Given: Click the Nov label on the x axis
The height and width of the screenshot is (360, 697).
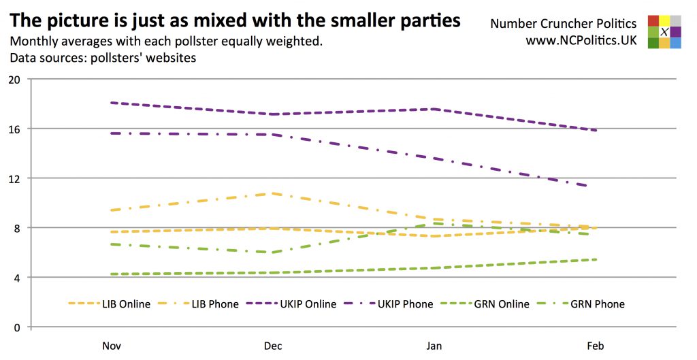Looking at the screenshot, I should coord(112,346).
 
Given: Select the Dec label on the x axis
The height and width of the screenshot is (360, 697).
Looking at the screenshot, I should coord(273,346).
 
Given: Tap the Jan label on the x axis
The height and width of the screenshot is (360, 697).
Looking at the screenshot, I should coord(434,346).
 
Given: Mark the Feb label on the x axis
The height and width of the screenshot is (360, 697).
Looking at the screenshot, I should coord(596,346).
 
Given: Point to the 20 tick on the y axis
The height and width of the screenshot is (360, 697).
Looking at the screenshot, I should coord(14,79).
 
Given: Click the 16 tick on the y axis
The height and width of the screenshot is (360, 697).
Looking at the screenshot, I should coord(14,129).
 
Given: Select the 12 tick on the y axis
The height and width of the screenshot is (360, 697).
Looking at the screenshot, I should coord(14,178).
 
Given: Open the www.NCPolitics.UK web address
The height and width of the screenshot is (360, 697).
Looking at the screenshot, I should coord(581,41).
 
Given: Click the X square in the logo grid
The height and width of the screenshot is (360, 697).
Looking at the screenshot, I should coord(664,32).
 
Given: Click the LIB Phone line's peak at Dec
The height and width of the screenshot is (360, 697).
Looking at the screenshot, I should coord(273,193).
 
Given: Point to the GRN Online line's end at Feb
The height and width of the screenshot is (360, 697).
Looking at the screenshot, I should coord(596,259).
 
